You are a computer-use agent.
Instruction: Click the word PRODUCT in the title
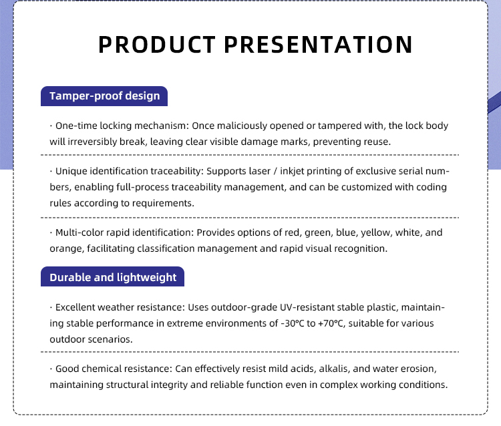(156, 44)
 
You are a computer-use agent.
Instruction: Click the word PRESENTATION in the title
(318, 44)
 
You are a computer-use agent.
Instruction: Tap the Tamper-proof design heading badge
(104, 96)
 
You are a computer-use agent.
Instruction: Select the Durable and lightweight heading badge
(112, 276)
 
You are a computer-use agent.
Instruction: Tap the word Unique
(71, 171)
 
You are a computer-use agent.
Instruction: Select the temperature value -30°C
(293, 323)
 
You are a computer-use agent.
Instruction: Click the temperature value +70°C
(331, 323)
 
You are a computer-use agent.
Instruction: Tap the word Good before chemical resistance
(67, 369)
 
